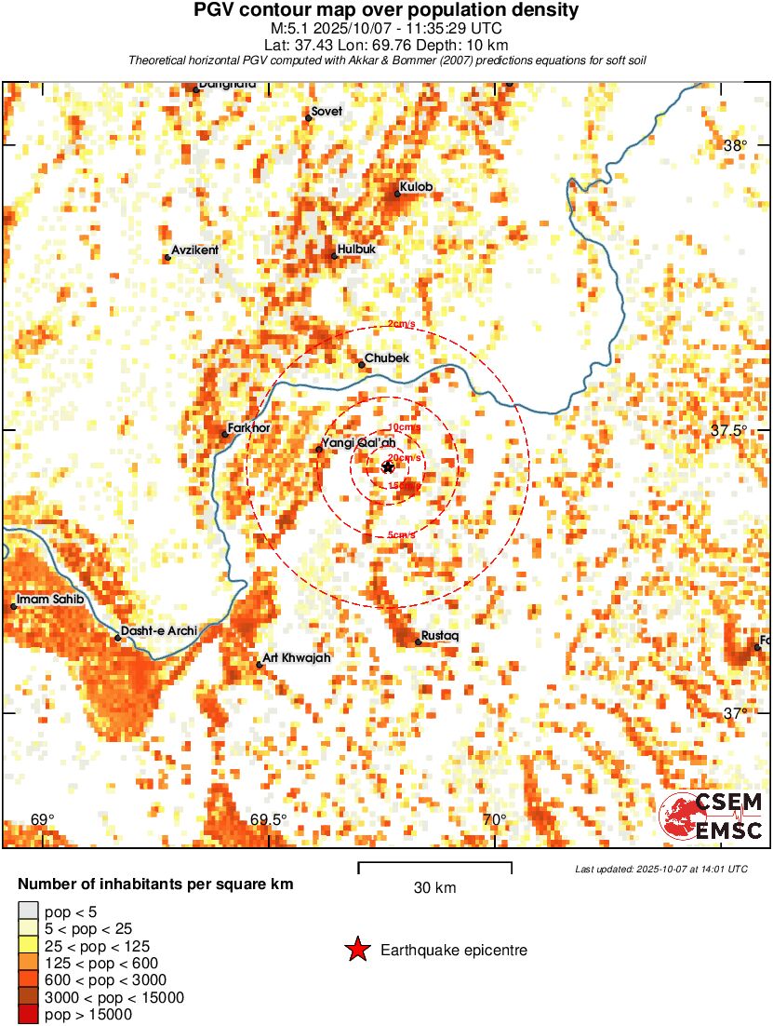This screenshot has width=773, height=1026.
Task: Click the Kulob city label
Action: [417, 187]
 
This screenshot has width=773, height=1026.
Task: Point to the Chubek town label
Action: [387, 358]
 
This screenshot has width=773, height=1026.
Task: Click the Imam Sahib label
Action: [50, 600]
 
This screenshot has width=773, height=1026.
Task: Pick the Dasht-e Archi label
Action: [159, 631]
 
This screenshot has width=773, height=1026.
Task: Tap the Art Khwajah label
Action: [297, 658]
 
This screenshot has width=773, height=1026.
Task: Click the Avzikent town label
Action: [194, 251]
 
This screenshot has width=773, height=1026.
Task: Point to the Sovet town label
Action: [327, 112]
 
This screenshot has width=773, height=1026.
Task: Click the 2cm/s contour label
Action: [401, 325]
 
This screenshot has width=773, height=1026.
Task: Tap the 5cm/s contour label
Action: [401, 535]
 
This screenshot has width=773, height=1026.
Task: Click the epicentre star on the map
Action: [388, 467]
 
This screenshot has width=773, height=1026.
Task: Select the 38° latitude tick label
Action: [736, 146]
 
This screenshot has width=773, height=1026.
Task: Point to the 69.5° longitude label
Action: [269, 820]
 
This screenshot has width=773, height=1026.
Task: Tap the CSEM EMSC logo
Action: [712, 816]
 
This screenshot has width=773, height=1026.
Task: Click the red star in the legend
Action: [357, 951]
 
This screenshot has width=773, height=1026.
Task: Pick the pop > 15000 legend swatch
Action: [28, 1015]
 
